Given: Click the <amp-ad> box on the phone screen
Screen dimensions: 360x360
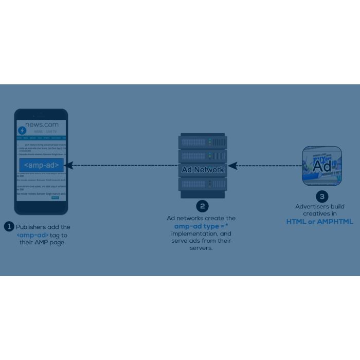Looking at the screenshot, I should coord(41,165).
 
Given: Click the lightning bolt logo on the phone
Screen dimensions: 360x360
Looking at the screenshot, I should coord(22,131).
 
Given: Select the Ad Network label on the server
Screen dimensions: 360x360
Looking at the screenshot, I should coord(203,169).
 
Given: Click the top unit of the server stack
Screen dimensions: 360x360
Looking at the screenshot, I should coord(203,141).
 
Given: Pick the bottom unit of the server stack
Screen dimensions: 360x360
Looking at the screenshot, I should coord(203,184).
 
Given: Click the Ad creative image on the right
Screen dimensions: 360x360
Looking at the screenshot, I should coord(322,166).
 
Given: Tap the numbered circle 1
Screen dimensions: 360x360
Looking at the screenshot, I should coord(9,226).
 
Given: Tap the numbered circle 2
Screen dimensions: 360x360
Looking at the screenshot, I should coord(203,206).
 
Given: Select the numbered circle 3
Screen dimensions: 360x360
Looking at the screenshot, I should coord(322,196).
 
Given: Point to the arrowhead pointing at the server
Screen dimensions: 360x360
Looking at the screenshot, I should coord(232,166).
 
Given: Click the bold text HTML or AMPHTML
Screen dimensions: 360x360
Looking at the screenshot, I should coord(320,222).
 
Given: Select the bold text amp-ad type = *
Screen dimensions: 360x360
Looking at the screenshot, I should coord(201,226).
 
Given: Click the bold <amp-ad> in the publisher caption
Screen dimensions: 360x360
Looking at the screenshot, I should coord(32,235).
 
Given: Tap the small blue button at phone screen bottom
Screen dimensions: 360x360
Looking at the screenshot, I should coord(55,197).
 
